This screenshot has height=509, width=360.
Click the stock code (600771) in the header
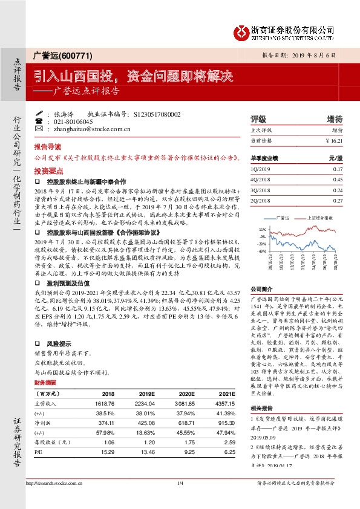pyautogui.click(x=77, y=56)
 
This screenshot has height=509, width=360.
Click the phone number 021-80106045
pyautogui.click(x=77, y=121)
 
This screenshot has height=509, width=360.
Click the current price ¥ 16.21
pyautogui.click(x=333, y=140)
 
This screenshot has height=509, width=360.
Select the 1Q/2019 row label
pyautogui.click(x=261, y=169)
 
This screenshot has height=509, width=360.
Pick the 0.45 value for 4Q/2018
pyautogui.click(x=338, y=179)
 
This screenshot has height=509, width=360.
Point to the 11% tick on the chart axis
pyautogui.click(x=261, y=230)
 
